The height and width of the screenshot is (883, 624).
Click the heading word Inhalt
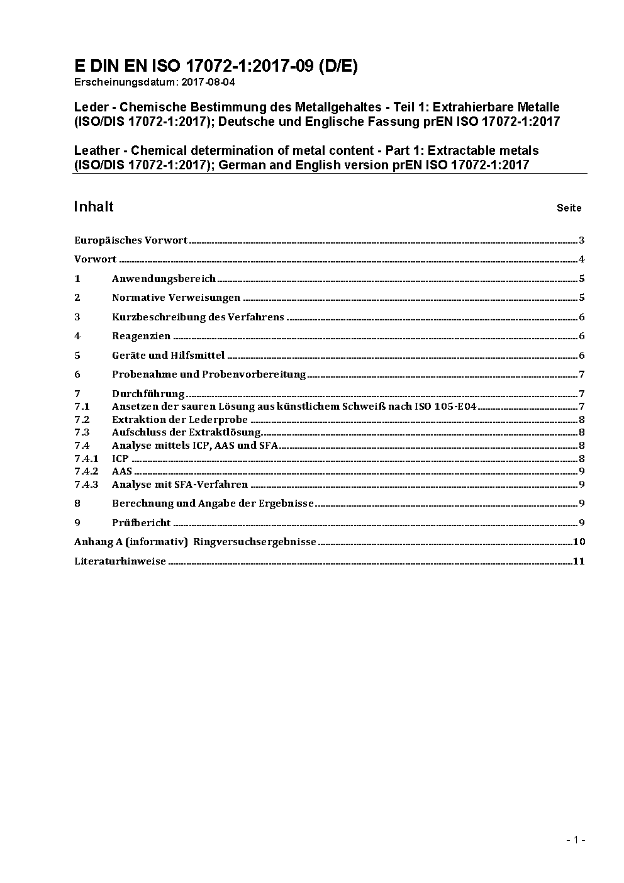click(x=94, y=206)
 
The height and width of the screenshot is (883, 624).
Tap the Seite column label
click(x=569, y=208)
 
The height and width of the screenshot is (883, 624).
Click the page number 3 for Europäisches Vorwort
click(x=582, y=240)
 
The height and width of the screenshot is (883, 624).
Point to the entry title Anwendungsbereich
click(x=164, y=278)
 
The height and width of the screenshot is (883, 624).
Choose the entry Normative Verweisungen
click(x=176, y=298)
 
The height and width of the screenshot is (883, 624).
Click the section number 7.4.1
click(x=86, y=458)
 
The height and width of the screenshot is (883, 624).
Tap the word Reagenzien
click(x=142, y=336)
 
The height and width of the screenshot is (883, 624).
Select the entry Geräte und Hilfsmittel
click(x=168, y=355)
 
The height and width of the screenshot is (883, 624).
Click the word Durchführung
click(x=148, y=393)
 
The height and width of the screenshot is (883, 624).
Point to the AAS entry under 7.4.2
click(x=122, y=471)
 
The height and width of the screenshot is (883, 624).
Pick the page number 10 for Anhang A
click(x=579, y=541)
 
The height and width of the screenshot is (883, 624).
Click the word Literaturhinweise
click(x=120, y=561)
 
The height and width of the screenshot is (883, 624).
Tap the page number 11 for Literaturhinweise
click(x=579, y=561)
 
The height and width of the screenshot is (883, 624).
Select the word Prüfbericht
click(x=142, y=522)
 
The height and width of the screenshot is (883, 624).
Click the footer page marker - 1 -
click(x=576, y=839)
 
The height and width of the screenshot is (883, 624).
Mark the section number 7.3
click(x=82, y=432)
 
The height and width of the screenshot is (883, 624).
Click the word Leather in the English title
click(x=96, y=150)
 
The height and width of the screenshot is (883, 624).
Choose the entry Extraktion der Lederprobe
click(x=180, y=419)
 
